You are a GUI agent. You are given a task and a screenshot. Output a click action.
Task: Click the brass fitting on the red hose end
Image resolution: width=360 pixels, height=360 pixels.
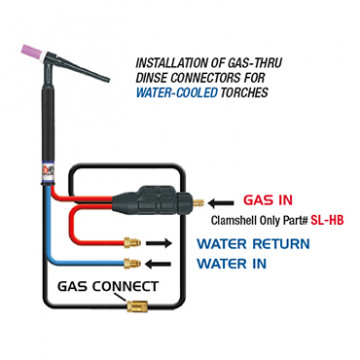[130, 243]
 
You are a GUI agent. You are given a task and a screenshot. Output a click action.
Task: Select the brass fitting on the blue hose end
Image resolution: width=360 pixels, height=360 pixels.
[130, 265]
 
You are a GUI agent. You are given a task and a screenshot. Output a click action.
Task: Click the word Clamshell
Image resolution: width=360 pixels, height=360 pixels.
[232, 222]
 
